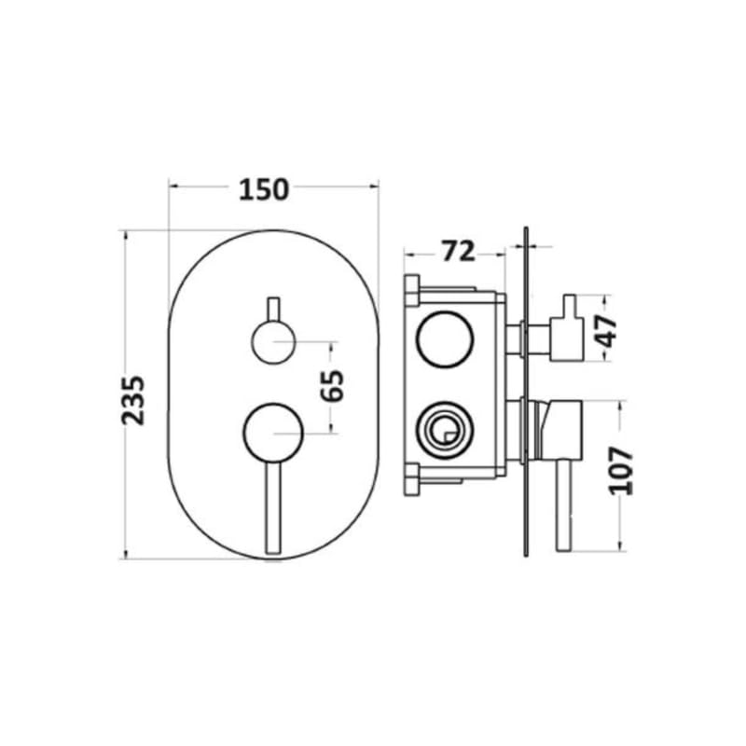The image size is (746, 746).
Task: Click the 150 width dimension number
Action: [x=264, y=189]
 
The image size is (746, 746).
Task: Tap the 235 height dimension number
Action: [x=136, y=399]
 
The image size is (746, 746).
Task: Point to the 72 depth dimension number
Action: [x=457, y=251]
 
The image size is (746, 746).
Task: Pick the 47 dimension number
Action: [x=609, y=330]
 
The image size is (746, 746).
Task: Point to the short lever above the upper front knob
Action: [x=273, y=309]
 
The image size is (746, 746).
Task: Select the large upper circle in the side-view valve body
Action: [x=439, y=340]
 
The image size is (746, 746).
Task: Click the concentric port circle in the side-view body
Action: [x=439, y=430]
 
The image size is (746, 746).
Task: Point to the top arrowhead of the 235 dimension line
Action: [x=124, y=235]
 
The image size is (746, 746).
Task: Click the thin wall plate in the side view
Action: [x=527, y=392]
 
